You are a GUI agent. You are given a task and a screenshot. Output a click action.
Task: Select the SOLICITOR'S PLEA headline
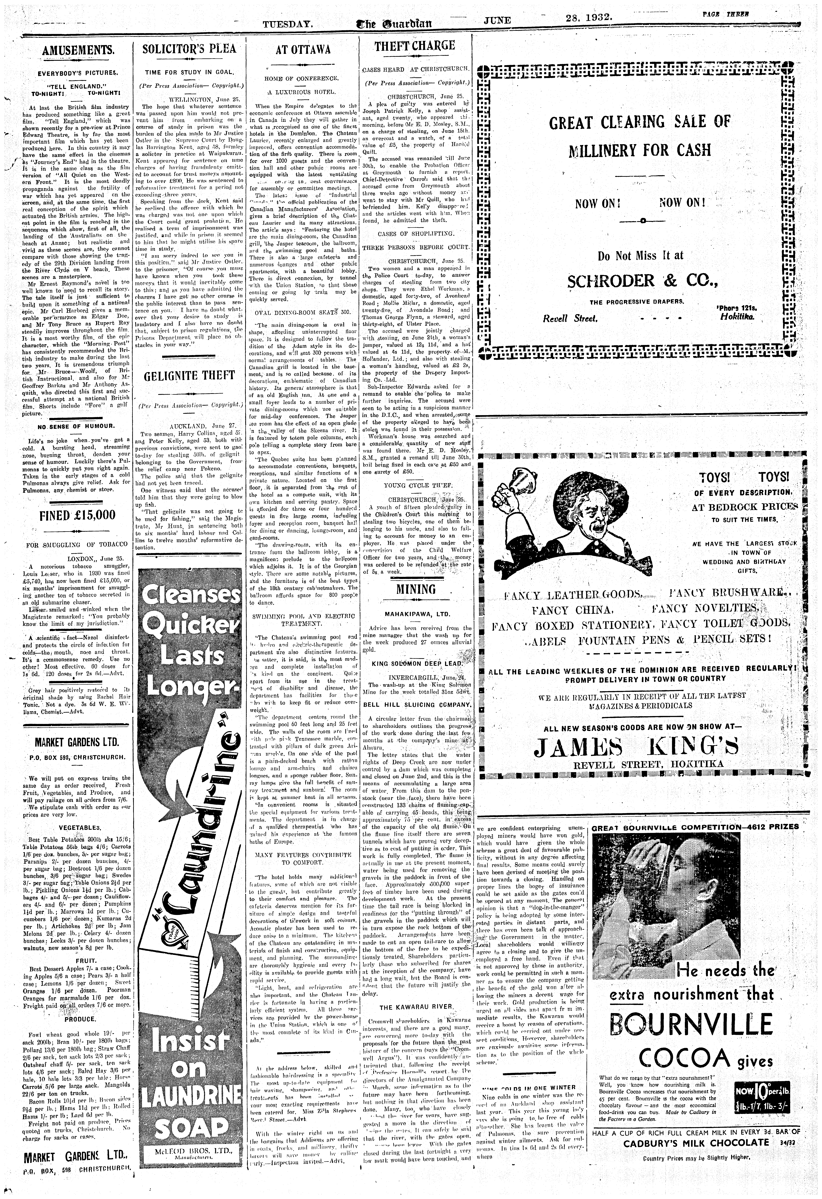[189, 49]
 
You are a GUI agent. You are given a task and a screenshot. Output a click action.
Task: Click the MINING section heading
[416, 589]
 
